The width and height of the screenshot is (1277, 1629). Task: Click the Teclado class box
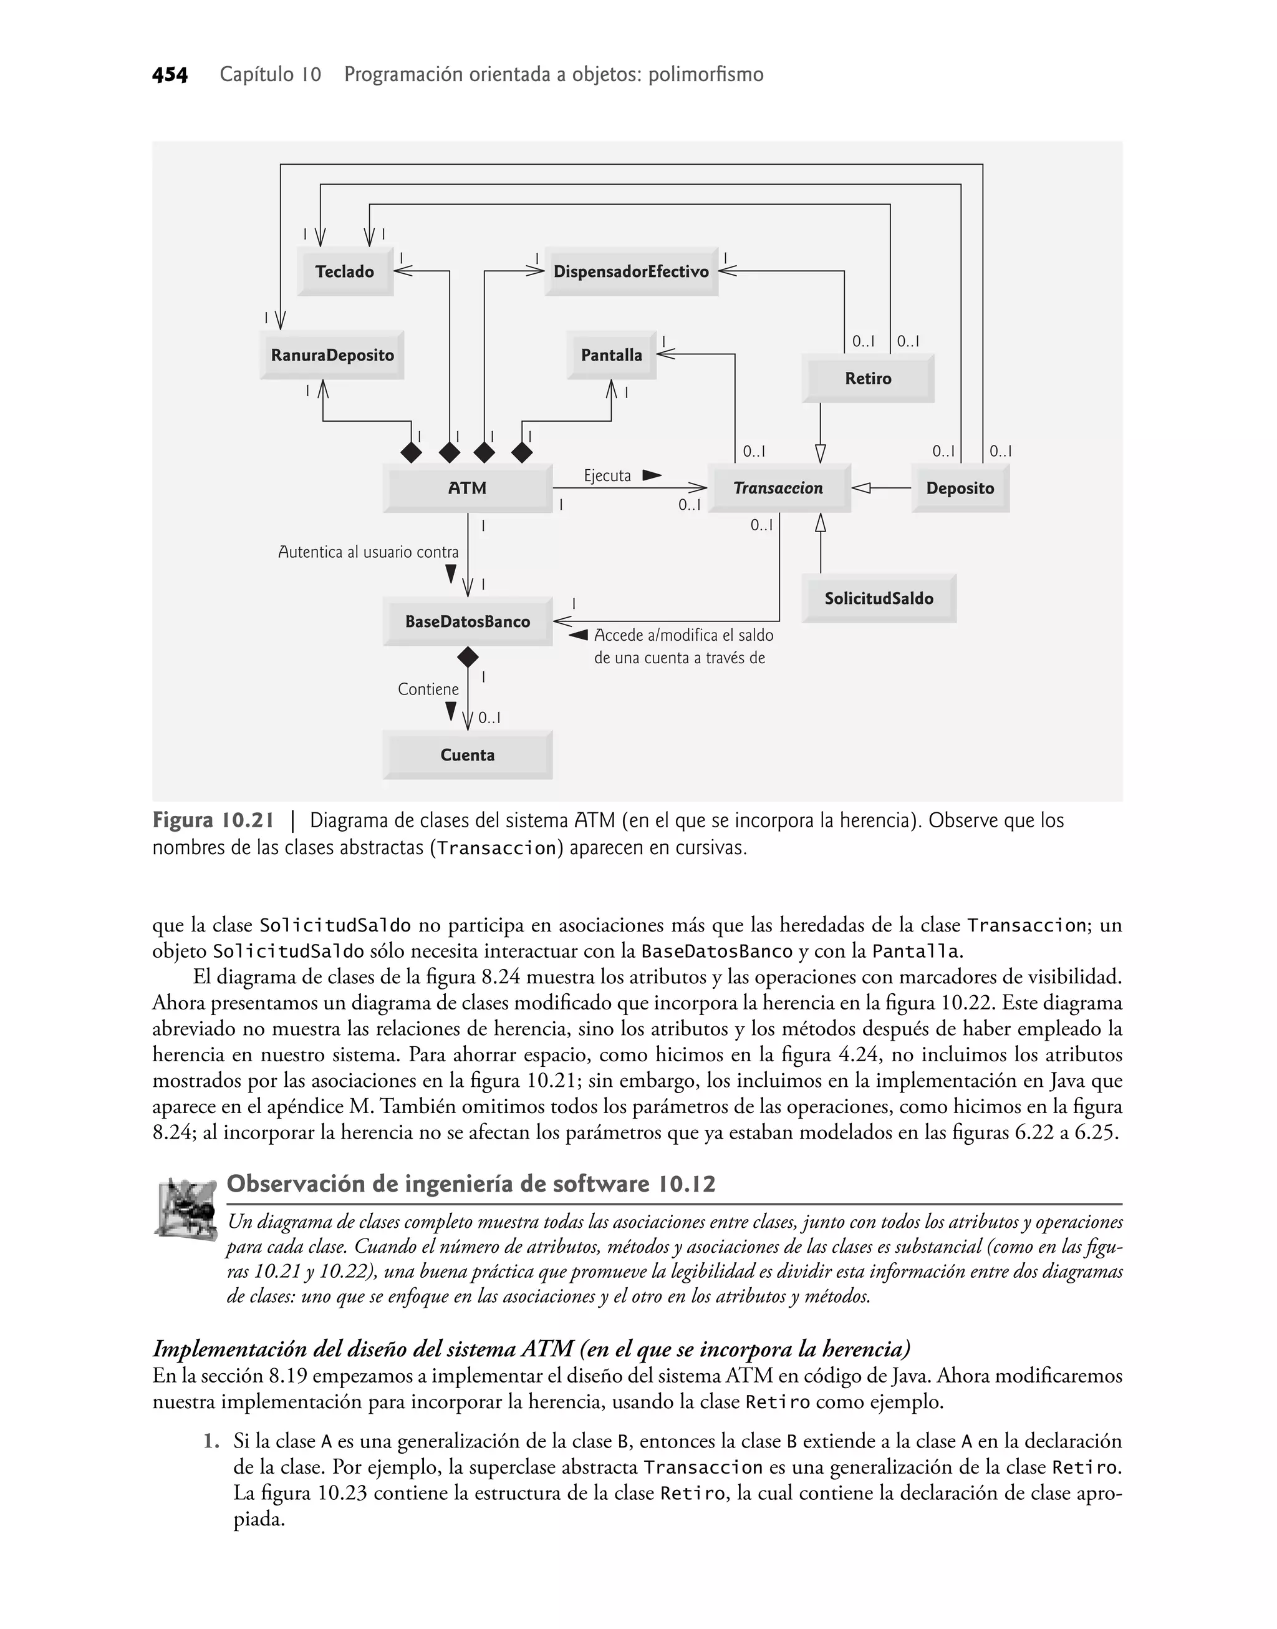tap(345, 271)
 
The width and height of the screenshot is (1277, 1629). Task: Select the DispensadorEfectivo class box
tap(631, 271)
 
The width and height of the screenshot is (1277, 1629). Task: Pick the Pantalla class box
tap(611, 355)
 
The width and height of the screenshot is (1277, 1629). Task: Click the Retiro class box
tap(867, 379)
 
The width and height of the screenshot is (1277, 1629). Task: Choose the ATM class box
tap(467, 489)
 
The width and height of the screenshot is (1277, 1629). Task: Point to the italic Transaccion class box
tap(778, 489)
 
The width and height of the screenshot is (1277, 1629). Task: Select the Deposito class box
tap(960, 489)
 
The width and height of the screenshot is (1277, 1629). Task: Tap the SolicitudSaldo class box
tap(879, 598)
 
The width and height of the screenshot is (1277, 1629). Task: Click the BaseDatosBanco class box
tap(467, 621)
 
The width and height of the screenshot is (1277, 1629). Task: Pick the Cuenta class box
tap(467, 755)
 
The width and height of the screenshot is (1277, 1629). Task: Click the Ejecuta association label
tap(607, 475)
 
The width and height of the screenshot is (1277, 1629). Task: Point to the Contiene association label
tap(428, 689)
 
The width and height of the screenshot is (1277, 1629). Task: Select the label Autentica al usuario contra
tap(368, 552)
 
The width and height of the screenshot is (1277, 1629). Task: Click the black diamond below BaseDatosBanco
tap(467, 658)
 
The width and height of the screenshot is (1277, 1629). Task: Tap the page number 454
tap(170, 75)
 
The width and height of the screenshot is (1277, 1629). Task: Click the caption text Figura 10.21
tap(213, 820)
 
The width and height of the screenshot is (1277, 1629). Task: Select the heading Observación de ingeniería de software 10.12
tap(471, 1184)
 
